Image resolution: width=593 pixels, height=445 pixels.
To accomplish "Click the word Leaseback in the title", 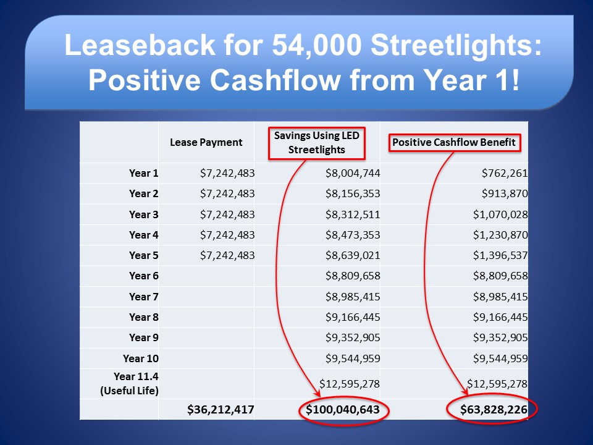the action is pos(140,45).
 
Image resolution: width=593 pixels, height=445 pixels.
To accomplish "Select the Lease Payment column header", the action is pos(206,143).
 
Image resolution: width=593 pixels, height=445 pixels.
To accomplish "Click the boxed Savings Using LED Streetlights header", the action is pos(316,143).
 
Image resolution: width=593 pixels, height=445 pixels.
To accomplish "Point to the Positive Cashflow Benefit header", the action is pos(454,142).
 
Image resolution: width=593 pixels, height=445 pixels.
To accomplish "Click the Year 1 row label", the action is pos(143,173).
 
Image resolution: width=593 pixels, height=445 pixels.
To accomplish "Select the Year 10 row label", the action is pos(140,358).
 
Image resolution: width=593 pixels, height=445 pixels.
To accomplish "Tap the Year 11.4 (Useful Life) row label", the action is pos(129,383).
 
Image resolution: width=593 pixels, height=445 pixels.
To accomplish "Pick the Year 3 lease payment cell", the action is pos(227,214).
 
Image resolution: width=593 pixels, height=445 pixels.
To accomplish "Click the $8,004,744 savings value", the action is pos(353,173).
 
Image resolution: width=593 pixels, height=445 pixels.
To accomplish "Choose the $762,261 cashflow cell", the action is pos(505,173).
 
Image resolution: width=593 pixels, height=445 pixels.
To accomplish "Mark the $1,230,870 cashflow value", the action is pos(500,235).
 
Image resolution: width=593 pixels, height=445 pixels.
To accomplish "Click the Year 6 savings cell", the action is pos(353,276).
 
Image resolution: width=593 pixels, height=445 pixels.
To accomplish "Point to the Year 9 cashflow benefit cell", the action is pos(500,337).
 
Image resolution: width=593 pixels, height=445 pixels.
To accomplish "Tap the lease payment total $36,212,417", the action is pos(221,409).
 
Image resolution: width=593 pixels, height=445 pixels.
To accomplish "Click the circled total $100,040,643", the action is pos(343,409).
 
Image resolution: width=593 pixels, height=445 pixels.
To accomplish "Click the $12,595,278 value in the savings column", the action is pos(350,384).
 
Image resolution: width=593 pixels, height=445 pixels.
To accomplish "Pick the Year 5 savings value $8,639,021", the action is pos(353,255).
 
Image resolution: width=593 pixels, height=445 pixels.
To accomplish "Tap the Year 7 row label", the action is pos(143,297).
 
